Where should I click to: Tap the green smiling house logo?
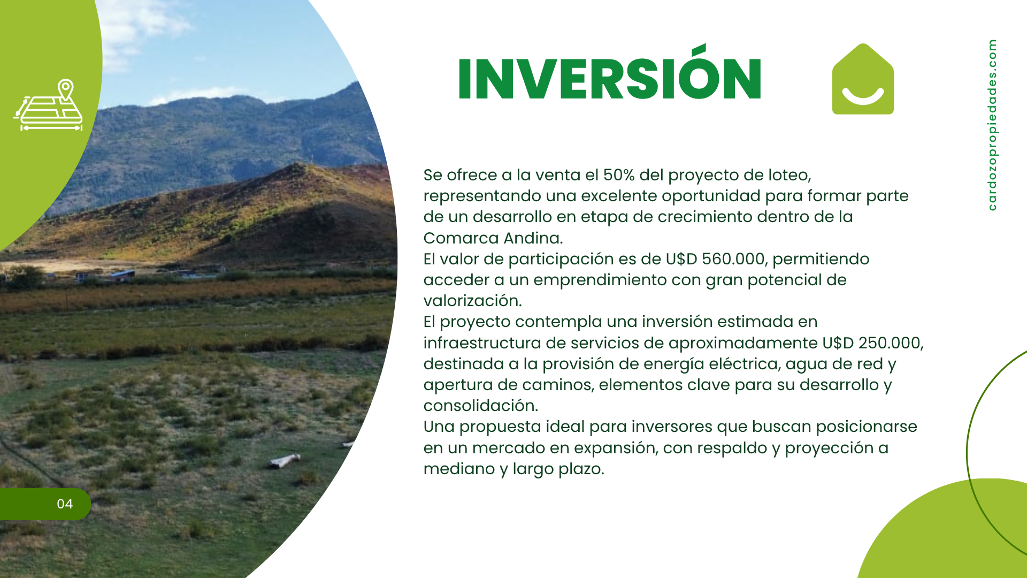tap(863, 79)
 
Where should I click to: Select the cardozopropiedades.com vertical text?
tap(992, 125)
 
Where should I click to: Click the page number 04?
tap(65, 504)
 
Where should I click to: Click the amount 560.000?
tap(733, 259)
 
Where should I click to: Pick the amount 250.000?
tap(890, 343)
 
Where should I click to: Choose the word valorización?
tap(473, 301)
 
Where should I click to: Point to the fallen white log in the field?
tap(284, 460)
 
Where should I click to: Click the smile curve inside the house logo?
tap(863, 97)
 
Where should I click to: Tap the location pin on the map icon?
tap(66, 89)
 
